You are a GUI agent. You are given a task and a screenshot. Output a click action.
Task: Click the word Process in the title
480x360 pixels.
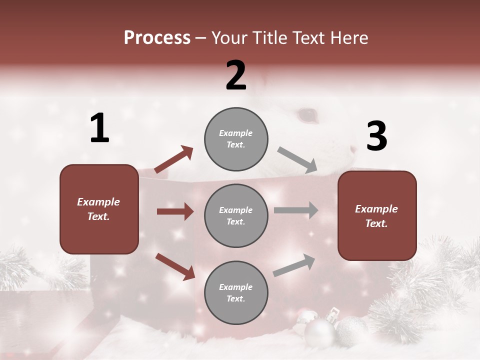(157, 38)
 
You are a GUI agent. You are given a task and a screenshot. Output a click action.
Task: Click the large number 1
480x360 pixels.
(99, 128)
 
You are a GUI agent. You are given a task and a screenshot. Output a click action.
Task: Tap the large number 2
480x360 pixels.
(236, 75)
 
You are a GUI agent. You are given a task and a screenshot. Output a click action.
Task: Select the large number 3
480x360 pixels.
(376, 136)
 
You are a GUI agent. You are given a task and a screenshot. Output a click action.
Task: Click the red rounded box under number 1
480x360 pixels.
(99, 209)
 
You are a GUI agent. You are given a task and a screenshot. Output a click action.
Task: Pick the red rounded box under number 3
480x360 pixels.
(377, 215)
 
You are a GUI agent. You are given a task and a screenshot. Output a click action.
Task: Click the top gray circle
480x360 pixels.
(236, 139)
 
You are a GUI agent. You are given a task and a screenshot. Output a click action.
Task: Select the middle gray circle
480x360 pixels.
(236, 215)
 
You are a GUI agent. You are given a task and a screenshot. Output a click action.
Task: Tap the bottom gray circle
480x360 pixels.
(236, 292)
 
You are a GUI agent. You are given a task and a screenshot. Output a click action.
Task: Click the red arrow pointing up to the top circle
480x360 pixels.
(173, 159)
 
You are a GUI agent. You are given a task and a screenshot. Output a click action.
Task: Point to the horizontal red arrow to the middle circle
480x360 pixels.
(175, 211)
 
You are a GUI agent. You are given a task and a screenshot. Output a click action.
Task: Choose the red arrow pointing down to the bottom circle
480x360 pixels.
(175, 266)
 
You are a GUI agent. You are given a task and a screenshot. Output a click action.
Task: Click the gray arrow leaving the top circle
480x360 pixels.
(297, 159)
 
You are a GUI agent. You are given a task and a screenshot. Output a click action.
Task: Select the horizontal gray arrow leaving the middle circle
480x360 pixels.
(296, 210)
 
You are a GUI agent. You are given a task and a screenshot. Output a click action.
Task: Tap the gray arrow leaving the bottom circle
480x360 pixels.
(294, 265)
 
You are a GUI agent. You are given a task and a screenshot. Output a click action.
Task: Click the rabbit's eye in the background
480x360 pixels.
(307, 115)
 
